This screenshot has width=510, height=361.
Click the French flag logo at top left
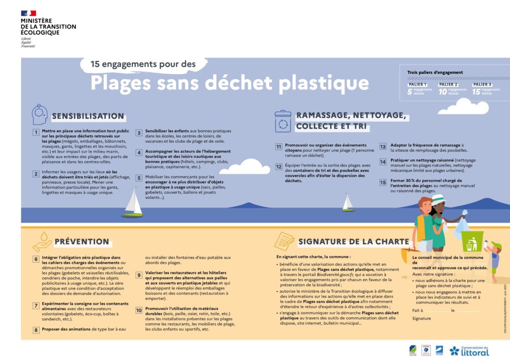click(x=28, y=13)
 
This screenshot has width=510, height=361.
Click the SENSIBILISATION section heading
click(x=88, y=116)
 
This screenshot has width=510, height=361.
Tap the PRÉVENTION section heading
click(x=82, y=241)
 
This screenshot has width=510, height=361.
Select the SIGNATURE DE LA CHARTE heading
click(x=354, y=242)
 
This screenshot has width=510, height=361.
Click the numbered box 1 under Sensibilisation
click(x=36, y=132)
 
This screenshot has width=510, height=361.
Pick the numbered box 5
click(x=139, y=178)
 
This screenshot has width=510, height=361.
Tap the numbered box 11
click(x=279, y=147)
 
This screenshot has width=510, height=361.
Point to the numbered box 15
click(x=383, y=183)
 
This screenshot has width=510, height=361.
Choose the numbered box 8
click(x=36, y=330)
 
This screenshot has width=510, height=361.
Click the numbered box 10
click(x=139, y=311)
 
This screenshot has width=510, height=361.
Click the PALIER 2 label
click(x=448, y=84)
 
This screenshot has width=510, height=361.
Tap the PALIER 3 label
click(x=482, y=84)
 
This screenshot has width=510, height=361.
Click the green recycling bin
click(x=472, y=243)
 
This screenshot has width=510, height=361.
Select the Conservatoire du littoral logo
click(x=469, y=351)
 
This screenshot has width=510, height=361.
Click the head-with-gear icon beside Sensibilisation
click(x=39, y=115)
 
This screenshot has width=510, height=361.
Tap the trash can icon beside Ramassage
click(x=283, y=121)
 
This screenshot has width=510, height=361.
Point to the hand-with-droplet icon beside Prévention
click(x=42, y=241)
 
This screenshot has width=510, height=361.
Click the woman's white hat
click(x=438, y=199)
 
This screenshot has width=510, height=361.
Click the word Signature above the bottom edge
click(x=421, y=319)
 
